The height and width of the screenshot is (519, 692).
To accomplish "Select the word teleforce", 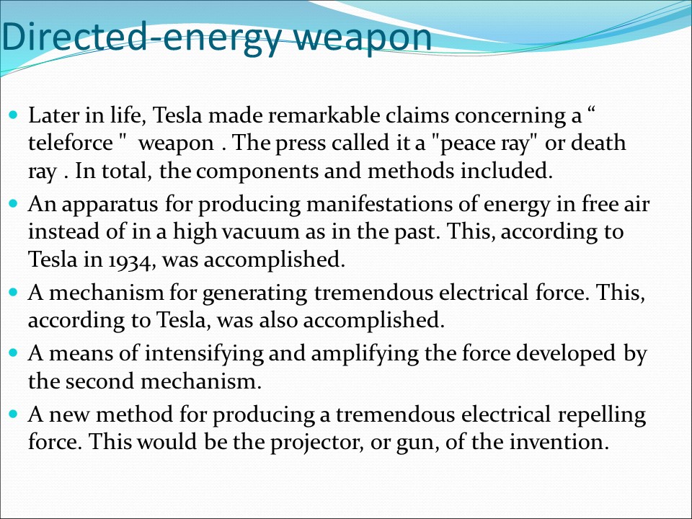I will (69, 143).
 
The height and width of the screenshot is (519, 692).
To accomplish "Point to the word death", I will (598, 143).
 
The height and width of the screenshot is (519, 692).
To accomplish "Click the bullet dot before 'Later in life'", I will (15, 115).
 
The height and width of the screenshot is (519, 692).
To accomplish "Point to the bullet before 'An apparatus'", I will (15, 205).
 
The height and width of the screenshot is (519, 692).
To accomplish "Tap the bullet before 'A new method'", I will (15, 414).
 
